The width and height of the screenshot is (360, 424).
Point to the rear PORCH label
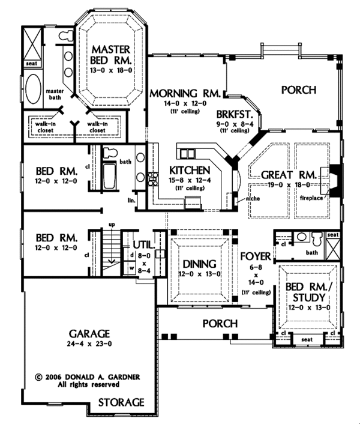298,91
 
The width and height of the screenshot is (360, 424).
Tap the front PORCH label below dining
220,323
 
